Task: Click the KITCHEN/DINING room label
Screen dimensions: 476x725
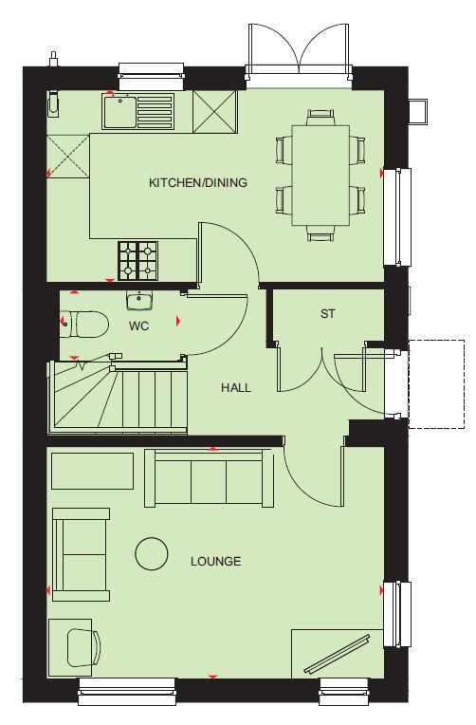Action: coord(198,182)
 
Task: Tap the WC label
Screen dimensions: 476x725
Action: coord(138,326)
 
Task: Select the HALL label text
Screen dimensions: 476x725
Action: coord(236,387)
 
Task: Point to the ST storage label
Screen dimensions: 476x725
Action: coord(328,314)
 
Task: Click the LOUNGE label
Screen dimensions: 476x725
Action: coord(216,562)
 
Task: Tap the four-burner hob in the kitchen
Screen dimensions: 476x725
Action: coord(137,261)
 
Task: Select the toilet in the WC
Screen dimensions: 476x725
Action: coord(84,324)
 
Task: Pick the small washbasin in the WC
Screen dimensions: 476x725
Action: coord(138,301)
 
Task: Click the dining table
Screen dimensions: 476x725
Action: coord(320,176)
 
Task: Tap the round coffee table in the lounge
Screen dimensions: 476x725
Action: coord(152,553)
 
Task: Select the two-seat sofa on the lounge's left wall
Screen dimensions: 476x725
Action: coord(81,554)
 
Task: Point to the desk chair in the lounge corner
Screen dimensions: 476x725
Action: coord(83,648)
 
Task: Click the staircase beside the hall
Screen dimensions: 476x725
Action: coord(118,398)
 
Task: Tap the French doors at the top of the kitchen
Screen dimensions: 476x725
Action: coord(299,50)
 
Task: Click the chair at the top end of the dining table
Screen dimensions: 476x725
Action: coord(320,118)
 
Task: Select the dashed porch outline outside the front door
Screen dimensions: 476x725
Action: coord(436,384)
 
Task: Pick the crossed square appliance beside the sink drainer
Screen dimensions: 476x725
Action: coord(215,111)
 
